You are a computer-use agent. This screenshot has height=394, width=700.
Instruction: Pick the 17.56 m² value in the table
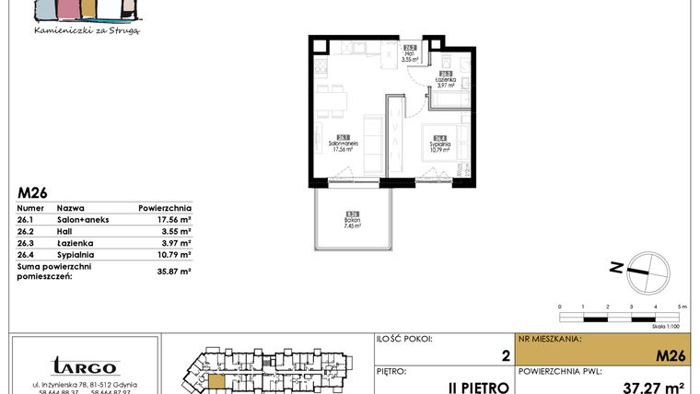tap(172, 220)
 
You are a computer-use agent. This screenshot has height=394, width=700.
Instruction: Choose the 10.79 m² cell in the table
tap(172, 254)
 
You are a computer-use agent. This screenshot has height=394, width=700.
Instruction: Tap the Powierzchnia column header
tap(164, 208)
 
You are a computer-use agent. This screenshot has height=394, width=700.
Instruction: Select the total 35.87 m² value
tap(172, 272)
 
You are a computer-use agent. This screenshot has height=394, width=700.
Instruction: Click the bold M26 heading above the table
tap(33, 193)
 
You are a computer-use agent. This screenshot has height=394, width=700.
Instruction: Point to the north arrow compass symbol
tap(641, 268)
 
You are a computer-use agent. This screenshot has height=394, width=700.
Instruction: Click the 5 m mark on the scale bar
tap(679, 306)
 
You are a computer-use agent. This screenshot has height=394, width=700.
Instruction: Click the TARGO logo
tap(84, 366)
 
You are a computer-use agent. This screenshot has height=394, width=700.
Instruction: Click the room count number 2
tap(505, 354)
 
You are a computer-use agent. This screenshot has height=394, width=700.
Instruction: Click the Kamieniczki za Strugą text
tap(86, 30)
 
